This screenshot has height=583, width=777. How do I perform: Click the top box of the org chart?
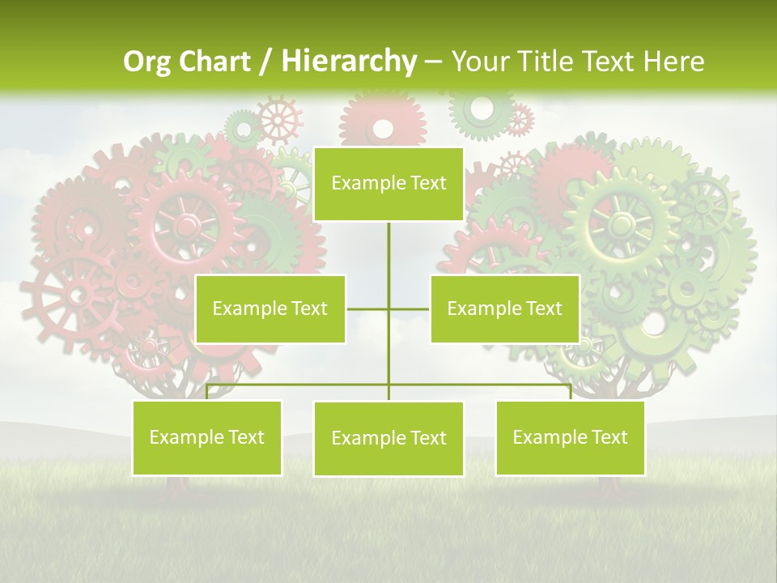388,184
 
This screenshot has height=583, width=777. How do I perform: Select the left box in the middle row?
270,309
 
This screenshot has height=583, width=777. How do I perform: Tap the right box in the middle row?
504,309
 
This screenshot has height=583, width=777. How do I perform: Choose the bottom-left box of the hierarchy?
207,438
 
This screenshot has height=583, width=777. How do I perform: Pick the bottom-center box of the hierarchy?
388,439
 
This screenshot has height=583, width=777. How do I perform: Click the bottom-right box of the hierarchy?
570,438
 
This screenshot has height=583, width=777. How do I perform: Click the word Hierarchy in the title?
348,62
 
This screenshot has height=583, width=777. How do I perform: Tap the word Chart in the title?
216,62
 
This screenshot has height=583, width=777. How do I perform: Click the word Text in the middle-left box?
309,309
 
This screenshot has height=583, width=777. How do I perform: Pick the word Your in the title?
478,62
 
